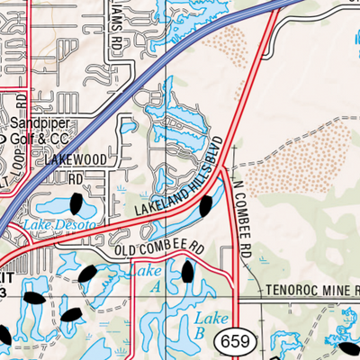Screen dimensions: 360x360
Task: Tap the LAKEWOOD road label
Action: pos(71,159)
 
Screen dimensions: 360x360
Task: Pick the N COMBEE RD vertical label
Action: pos(240,211)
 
